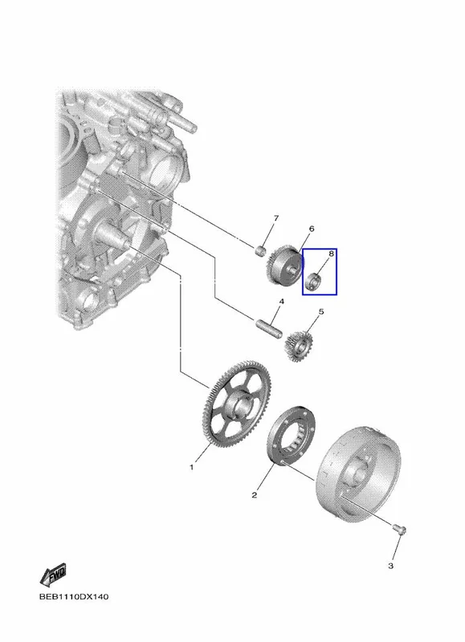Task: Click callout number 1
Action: pyautogui.click(x=191, y=467)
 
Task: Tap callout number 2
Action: pyautogui.click(x=255, y=495)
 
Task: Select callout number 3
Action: pyautogui.click(x=391, y=566)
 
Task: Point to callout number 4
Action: pyautogui.click(x=281, y=302)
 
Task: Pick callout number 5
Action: pyautogui.click(x=320, y=312)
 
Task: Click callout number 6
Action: pyautogui.click(x=312, y=229)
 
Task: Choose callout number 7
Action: pyautogui.click(x=275, y=218)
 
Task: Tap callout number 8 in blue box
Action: pyautogui.click(x=331, y=254)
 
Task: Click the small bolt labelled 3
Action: pyautogui.click(x=399, y=529)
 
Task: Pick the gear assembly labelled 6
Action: pyautogui.click(x=284, y=266)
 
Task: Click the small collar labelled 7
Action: pyautogui.click(x=260, y=250)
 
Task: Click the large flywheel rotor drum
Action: pyautogui.click(x=358, y=473)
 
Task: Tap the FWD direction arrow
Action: pyautogui.click(x=53, y=575)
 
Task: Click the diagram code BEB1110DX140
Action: pyautogui.click(x=74, y=596)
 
